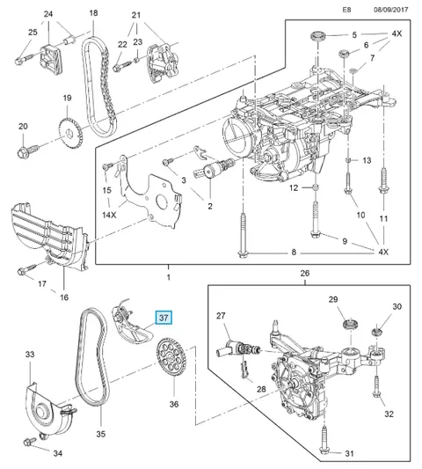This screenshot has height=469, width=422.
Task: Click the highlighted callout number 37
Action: click(164, 318)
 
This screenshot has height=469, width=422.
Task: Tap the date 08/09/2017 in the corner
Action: click(390, 10)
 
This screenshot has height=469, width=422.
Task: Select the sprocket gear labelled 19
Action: click(70, 133)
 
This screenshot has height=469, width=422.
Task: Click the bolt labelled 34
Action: click(30, 441)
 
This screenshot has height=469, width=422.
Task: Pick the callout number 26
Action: click(304, 273)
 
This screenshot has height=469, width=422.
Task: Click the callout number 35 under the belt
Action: click(101, 434)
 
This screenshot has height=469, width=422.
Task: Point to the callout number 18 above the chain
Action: click(93, 13)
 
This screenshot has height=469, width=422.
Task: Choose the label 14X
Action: click(109, 215)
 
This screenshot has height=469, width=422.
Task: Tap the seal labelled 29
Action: click(350, 325)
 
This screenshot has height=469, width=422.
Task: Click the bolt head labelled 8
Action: click(243, 253)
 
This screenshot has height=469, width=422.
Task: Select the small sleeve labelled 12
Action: click(315, 187)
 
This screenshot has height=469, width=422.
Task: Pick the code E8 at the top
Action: click(346, 10)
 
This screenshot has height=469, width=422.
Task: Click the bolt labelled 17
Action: click(27, 269)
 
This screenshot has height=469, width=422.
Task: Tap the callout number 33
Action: click(30, 355)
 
